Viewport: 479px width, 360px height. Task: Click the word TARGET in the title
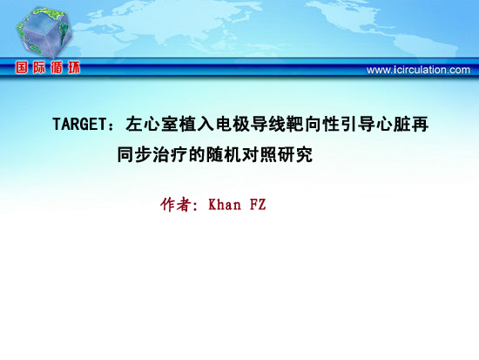[x=79, y=124]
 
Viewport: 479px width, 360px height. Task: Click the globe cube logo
[x=44, y=32]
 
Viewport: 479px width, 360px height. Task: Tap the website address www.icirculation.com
[x=418, y=70]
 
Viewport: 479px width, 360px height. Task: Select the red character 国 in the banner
[x=22, y=67]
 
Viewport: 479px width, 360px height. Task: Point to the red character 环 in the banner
[x=74, y=67]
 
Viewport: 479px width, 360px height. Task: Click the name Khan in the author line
[x=225, y=204]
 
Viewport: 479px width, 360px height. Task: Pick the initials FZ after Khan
[x=258, y=204]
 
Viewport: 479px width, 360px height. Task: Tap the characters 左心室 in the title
[x=152, y=124]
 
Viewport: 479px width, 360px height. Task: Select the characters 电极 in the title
[x=233, y=124]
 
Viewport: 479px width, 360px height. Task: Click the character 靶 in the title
[x=295, y=124]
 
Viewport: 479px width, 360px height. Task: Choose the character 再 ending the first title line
[x=420, y=124]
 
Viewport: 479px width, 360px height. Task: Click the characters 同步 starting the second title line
[x=134, y=154]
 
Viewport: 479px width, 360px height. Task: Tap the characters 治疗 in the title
[x=170, y=154]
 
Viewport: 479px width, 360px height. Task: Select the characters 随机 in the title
[x=224, y=154]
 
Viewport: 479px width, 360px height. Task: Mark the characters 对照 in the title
[x=259, y=154]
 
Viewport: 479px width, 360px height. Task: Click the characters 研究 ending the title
[x=294, y=154]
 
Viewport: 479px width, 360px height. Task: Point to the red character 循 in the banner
[x=57, y=67]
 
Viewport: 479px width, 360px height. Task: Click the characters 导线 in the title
[x=268, y=124]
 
